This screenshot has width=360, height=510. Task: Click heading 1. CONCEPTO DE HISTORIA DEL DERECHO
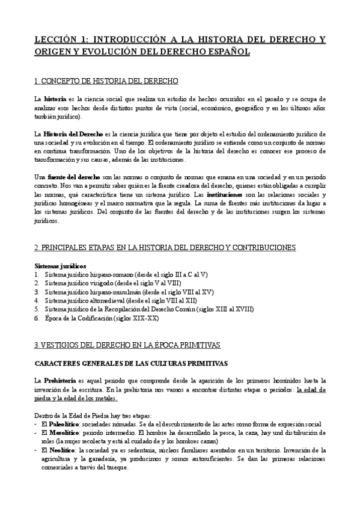pyautogui.click(x=106, y=81)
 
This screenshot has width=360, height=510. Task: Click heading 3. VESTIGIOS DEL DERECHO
pyautogui.click(x=127, y=345)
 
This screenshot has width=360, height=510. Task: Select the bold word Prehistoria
pyautogui.click(x=59, y=381)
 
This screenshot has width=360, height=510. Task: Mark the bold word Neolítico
pyautogui.click(x=60, y=450)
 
